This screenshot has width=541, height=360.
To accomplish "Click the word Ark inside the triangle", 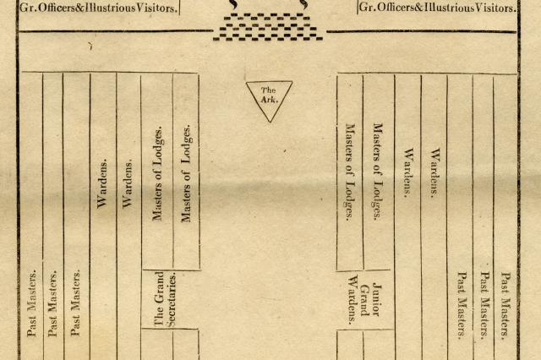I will (269, 99).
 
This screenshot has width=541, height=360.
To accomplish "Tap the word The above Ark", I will (268, 90).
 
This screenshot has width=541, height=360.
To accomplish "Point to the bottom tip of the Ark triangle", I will (269, 121).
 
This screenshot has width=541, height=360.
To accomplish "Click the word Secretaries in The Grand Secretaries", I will (172, 298).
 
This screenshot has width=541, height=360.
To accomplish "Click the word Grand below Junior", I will (366, 300).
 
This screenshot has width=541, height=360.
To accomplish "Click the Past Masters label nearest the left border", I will (32, 303).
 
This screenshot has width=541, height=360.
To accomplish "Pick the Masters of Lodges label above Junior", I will (378, 172).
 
